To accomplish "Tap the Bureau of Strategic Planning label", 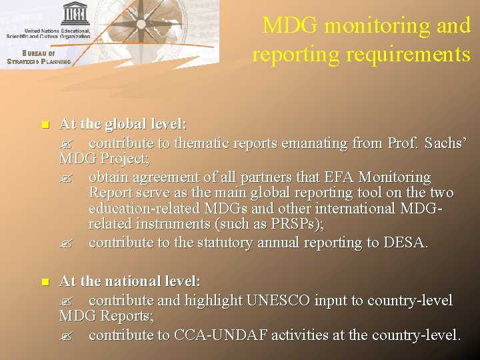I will [x=38, y=58].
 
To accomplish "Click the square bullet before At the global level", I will [x=44, y=125].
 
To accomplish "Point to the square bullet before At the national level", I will [x=44, y=283].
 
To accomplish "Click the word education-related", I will [x=137, y=209].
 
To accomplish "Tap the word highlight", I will [x=213, y=301].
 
